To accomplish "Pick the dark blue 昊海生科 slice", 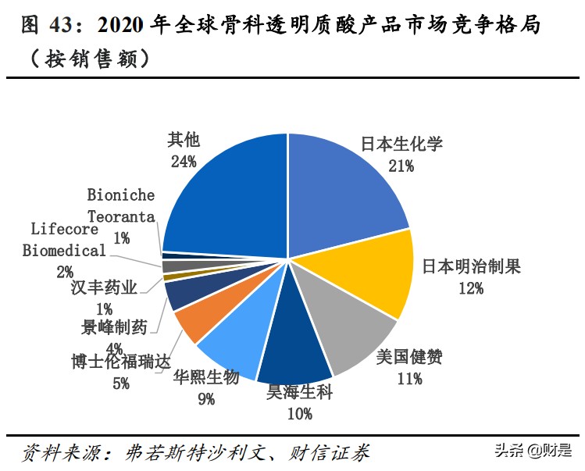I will click(x=293, y=344).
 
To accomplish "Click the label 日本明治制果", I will click(x=471, y=266).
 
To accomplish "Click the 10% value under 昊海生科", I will click(x=299, y=414).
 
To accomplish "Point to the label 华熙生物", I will click(x=205, y=377).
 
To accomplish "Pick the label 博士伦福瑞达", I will click(x=119, y=362).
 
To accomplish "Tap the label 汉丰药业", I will click(x=103, y=288).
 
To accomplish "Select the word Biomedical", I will click(x=63, y=251).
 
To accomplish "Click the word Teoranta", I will click(x=121, y=216).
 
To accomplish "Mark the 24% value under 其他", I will click(x=183, y=161).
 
